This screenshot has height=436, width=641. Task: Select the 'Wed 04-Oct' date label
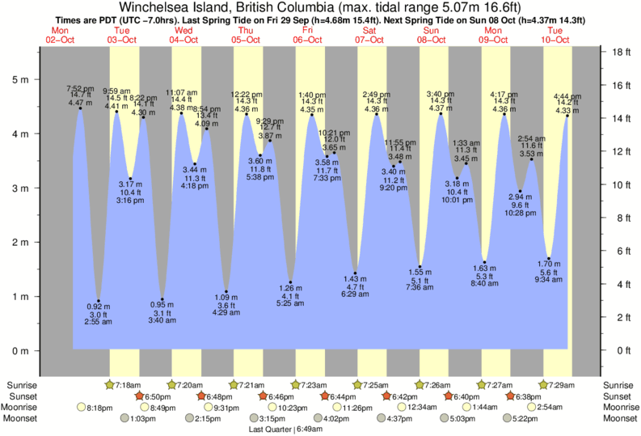[183, 35]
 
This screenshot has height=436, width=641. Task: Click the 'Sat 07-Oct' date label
[369, 35]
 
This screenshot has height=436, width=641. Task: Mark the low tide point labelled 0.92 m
[99, 301]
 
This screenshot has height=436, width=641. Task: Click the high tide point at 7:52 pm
[80, 108]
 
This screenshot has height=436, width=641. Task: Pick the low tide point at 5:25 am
[290, 282]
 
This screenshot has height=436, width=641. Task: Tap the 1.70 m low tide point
[549, 258]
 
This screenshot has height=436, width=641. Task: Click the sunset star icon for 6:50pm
[139, 396]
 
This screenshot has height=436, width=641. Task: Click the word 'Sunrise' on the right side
[618, 384]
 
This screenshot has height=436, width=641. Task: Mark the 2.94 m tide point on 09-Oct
[521, 191]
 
